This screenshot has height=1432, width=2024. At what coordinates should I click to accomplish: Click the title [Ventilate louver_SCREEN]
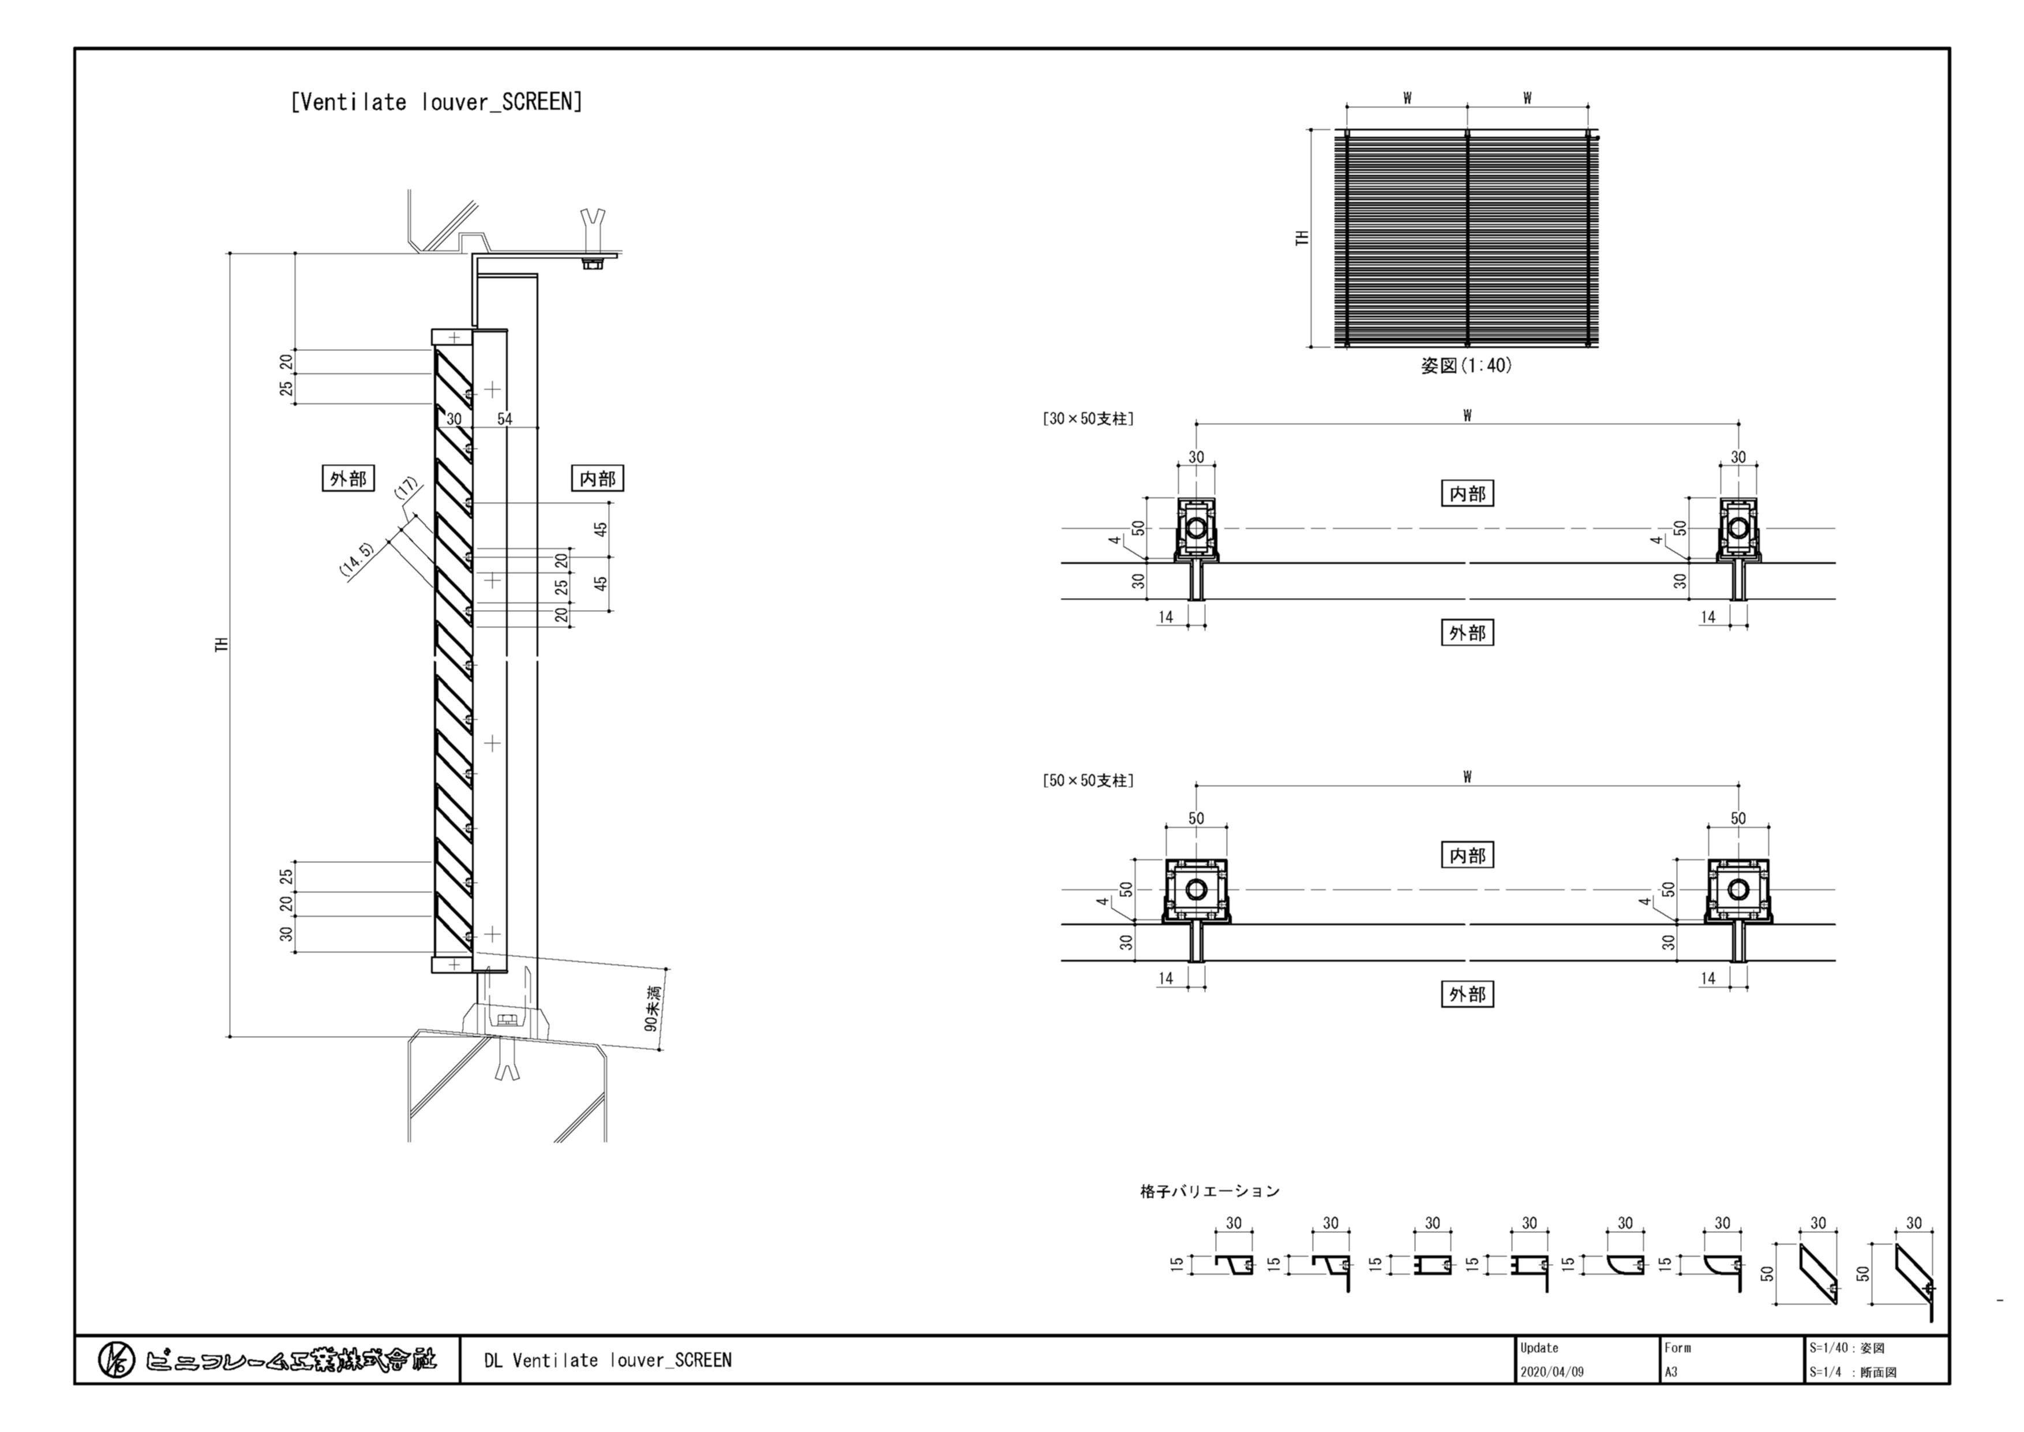(436, 102)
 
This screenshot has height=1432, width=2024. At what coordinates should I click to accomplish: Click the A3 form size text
(1672, 1372)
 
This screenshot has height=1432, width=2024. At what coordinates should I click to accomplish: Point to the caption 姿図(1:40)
(1466, 365)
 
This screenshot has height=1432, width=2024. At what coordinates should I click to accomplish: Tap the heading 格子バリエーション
(1209, 1191)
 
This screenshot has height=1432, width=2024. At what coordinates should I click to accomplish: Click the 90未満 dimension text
(651, 1008)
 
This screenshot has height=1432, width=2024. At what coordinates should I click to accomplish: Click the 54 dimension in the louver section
(504, 419)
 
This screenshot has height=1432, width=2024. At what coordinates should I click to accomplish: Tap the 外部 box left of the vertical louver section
(348, 479)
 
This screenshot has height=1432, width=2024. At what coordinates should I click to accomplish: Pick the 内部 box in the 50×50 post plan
(1467, 855)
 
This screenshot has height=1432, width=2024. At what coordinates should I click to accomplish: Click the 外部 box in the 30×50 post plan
(1467, 632)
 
